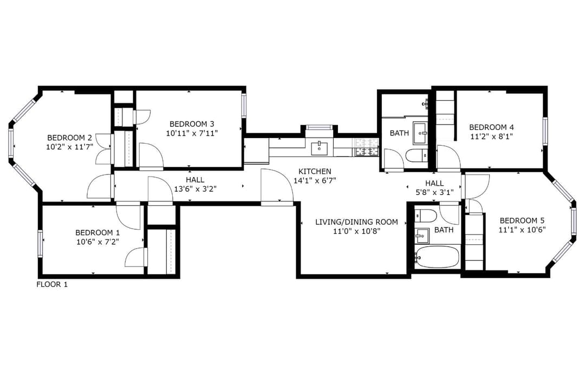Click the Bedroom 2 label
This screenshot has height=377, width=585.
[69, 138]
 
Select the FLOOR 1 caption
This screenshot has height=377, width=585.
[52, 284]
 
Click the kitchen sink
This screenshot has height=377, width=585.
[319, 148]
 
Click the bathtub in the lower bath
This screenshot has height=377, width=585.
[437, 257]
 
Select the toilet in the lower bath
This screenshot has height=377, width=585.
[425, 216]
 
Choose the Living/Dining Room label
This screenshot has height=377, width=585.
[356, 222]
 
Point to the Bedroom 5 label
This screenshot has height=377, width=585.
[522, 220]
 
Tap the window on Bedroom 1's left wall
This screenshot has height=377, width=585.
[40, 243]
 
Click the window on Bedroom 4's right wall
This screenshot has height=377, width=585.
[545, 131]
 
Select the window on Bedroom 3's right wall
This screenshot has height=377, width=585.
[244, 106]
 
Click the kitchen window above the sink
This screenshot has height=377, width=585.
[319, 127]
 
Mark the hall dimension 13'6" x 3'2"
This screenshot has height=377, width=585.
[195, 189]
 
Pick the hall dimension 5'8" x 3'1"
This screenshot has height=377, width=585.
[434, 193]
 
